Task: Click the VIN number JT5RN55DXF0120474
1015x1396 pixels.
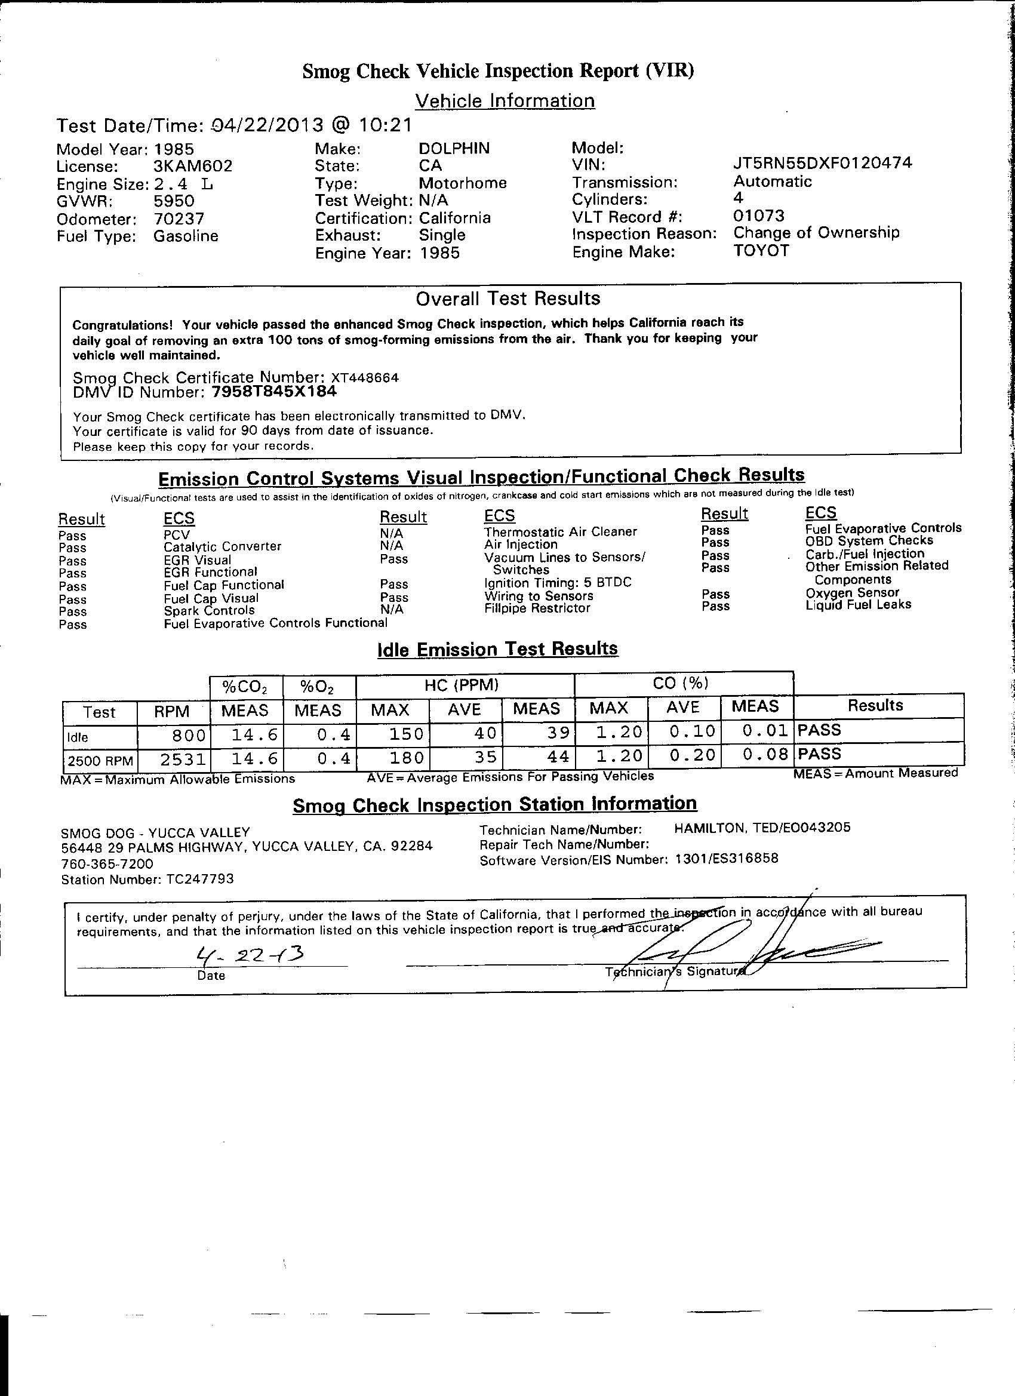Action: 822,163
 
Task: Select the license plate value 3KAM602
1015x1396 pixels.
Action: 193,167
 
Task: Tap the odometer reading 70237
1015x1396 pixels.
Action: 179,219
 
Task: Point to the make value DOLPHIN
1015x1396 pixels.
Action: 454,148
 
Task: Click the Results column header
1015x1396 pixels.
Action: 875,705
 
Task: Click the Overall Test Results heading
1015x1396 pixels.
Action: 508,299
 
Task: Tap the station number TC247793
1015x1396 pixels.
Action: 200,879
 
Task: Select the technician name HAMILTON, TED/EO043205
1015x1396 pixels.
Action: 762,828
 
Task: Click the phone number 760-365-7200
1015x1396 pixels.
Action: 107,863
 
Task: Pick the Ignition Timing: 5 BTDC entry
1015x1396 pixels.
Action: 558,582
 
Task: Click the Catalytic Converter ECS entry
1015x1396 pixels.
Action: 222,546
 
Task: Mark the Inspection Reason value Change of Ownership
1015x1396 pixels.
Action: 816,233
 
